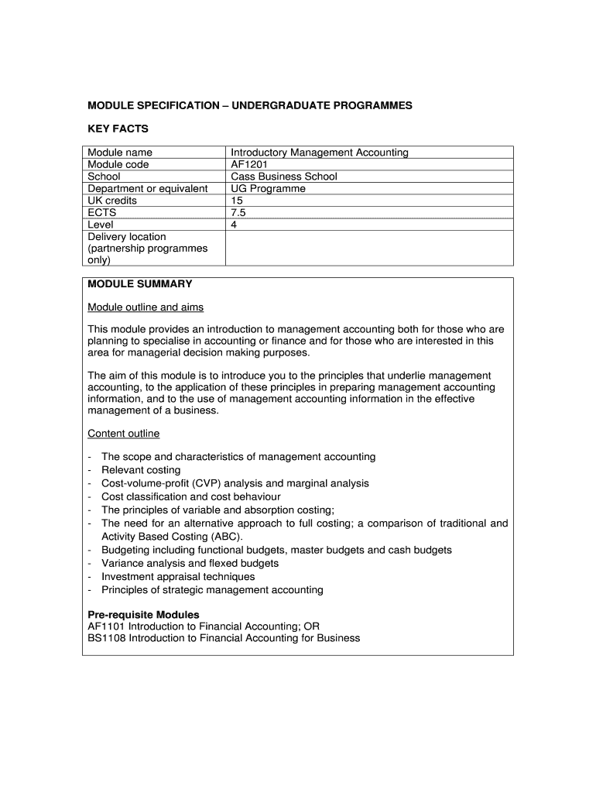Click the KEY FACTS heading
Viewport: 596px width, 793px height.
[118, 129]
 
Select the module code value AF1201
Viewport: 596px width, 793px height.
[248, 164]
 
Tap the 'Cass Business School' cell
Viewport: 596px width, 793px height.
[284, 177]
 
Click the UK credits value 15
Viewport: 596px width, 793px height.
[237, 201]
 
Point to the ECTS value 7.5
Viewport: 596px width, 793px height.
[239, 212]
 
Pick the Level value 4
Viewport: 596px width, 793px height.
[234, 225]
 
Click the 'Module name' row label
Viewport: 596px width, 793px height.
[120, 153]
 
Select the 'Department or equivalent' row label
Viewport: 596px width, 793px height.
[148, 188]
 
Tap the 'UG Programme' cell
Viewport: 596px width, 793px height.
[268, 188]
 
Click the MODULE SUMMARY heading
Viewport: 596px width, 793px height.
[140, 284]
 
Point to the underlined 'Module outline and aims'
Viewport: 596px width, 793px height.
[146, 307]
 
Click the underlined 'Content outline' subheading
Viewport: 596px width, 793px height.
[124, 433]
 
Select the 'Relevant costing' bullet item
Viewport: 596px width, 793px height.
[141, 470]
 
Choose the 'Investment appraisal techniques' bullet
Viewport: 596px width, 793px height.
[178, 576]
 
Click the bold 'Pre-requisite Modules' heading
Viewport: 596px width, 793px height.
[143, 615]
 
